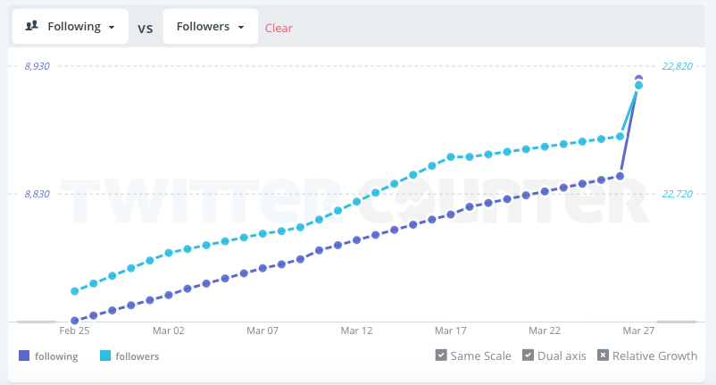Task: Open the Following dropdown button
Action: coord(71,27)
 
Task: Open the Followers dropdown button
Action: coord(210,27)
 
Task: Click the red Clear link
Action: coord(279,28)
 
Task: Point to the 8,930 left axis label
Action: coord(37,66)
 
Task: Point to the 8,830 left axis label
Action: coord(37,194)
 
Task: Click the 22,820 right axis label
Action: coord(678,66)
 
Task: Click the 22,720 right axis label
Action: coord(678,194)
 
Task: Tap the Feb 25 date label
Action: coord(74,331)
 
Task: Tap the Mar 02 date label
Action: coord(168,331)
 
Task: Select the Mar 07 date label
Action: coord(262,331)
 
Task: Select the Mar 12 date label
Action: coord(356,331)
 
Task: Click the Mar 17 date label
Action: coord(450,331)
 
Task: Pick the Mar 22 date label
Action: coord(545,331)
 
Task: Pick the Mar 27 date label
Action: coord(638,331)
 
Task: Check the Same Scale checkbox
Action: coord(441,356)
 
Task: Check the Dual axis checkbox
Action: coord(528,356)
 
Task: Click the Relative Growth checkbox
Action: coord(603,356)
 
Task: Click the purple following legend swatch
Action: coord(24,356)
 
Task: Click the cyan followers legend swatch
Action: coord(105,356)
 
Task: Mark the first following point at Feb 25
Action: coord(75,321)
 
